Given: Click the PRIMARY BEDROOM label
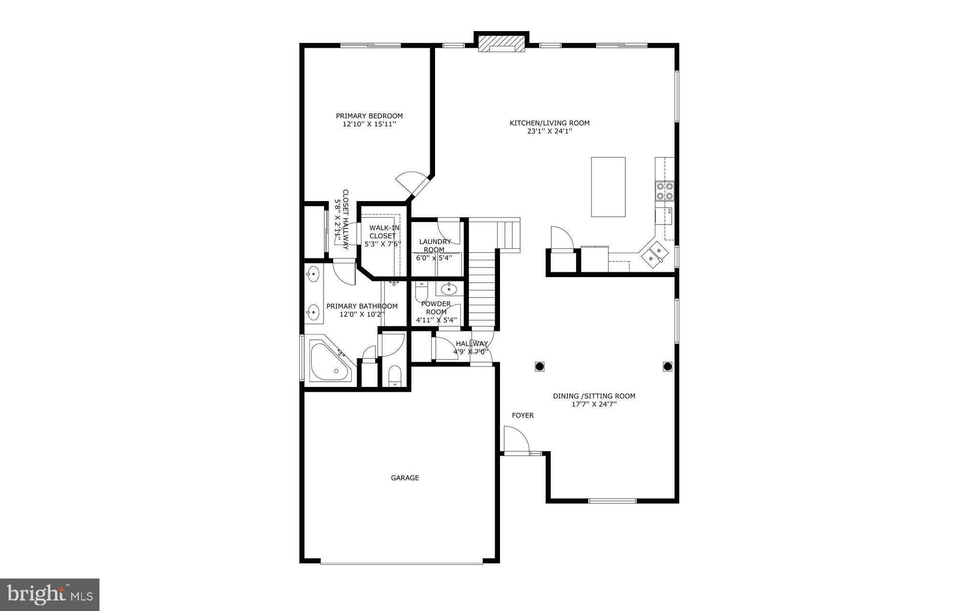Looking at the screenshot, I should [369, 116].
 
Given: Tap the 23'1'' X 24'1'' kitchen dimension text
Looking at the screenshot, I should [549, 131].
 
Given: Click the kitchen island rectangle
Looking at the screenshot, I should [608, 187].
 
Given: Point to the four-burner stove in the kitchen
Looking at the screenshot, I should [664, 191].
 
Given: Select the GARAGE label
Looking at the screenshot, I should [405, 478].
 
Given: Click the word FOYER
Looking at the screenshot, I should [522, 416].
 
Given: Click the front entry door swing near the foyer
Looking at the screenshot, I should [515, 439].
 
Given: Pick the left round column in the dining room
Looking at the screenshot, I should [539, 366].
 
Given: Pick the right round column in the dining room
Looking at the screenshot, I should [667, 366].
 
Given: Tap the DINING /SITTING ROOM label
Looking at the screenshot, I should [594, 396].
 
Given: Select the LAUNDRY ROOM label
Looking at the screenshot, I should [435, 246].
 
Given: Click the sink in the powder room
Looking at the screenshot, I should [448, 289].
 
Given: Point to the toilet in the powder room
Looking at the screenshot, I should [421, 291].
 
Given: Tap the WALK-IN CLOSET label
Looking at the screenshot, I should [383, 232].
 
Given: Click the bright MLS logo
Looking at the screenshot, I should [50, 594].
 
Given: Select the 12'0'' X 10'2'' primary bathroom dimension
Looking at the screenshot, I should [361, 314].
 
